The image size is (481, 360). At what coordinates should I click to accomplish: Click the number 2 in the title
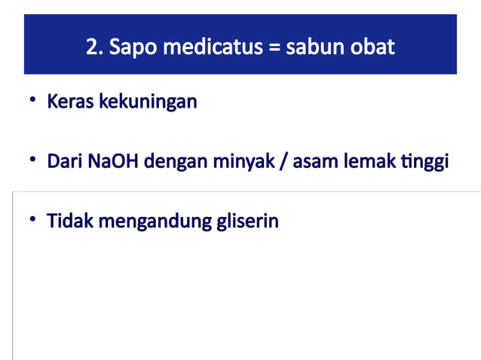(x=92, y=47)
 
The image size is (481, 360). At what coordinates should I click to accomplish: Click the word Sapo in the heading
(x=130, y=47)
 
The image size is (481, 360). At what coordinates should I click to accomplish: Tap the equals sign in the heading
(x=274, y=47)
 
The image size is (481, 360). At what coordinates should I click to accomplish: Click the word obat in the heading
(x=373, y=47)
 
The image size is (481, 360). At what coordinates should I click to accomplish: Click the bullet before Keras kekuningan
(x=33, y=100)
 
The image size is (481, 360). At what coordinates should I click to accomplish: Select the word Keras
(x=69, y=102)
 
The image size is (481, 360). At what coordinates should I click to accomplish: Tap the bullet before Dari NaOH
(x=33, y=160)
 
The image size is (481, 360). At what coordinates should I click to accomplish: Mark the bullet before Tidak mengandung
(x=33, y=221)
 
